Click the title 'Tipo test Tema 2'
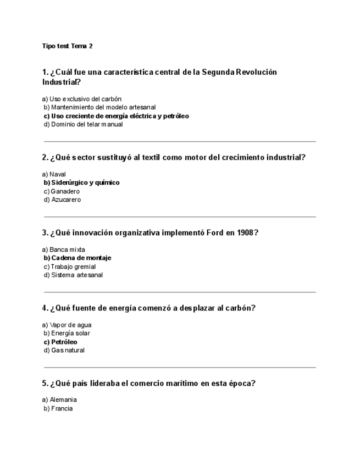coord(67,46)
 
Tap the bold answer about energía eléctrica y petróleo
coord(116,116)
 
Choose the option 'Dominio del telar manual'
coord(83,124)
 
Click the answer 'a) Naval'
coord(54,174)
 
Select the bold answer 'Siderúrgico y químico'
coord(81,182)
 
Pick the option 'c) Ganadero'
coord(62,191)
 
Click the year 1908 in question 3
coord(245,232)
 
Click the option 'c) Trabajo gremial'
coord(69,267)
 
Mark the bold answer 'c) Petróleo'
coord(60,342)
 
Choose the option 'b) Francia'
coord(58,408)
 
